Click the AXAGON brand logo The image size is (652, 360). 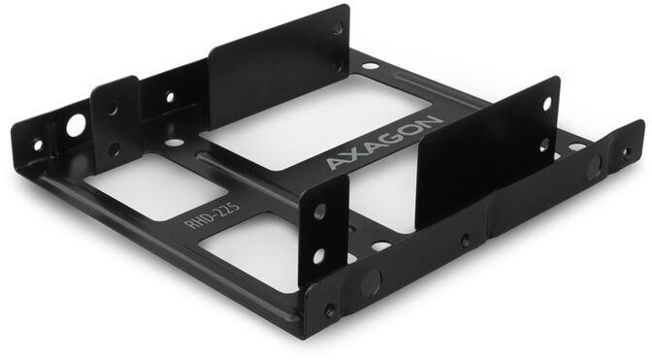tap(384, 143)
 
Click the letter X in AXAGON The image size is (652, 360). tap(355, 154)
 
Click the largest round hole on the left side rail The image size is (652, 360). tap(75, 125)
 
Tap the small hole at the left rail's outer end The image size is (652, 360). tap(39, 145)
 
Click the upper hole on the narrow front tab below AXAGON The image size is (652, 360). tap(319, 212)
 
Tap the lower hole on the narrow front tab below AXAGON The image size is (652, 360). tap(318, 255)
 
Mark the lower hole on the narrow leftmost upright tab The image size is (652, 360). tap(114, 149)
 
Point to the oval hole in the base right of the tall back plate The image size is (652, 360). tap(371, 66)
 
